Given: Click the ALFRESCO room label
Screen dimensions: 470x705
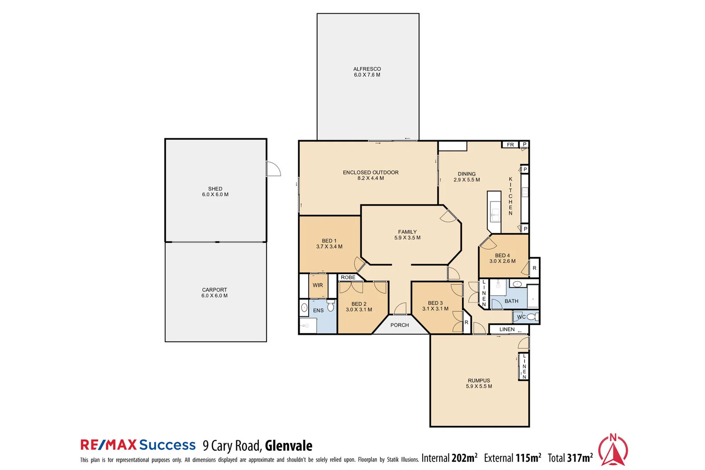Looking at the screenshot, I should coord(367,69).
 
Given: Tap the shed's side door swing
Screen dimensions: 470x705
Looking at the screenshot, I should coord(274,169).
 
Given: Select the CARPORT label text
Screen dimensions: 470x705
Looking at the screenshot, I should coord(214,290).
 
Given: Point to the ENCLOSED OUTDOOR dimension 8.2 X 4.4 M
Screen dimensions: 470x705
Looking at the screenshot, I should coord(370,178).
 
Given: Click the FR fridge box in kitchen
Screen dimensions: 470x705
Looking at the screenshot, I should coord(510,145).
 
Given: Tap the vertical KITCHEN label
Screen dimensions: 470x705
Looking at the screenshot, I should coord(510,196).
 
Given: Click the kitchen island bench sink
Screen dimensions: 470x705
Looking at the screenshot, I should coord(495,213).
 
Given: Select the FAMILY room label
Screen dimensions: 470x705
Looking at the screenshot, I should coord(407,232).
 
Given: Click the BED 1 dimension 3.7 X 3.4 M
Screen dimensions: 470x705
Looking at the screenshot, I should coord(329,247).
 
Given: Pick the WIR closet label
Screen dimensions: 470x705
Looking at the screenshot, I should coord(318,285).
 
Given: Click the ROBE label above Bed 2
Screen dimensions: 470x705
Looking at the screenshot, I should coord(348,278).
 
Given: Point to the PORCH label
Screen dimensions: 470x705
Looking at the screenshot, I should coord(399,325).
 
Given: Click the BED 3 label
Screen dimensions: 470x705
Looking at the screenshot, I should coord(435,303).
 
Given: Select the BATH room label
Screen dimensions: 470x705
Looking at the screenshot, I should coord(511,301).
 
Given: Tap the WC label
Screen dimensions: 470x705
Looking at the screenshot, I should coord(521,317).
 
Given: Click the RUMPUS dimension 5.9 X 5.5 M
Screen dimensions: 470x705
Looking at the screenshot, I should coord(479,386).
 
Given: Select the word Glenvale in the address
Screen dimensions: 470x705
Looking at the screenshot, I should coord(289,446).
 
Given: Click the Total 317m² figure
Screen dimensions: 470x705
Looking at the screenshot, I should coord(570,458).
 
